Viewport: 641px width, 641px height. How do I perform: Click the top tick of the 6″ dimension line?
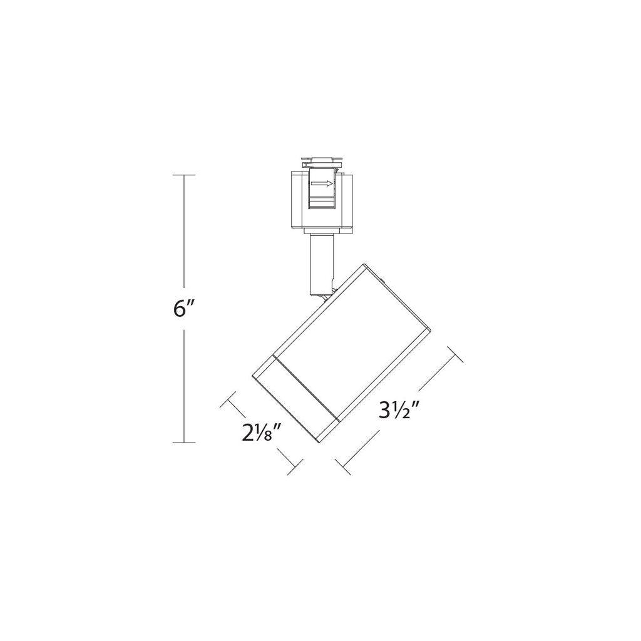pos(183,175)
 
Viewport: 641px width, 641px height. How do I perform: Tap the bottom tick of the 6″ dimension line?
pos(183,443)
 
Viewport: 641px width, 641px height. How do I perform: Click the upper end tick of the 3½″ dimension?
pos(454,355)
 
